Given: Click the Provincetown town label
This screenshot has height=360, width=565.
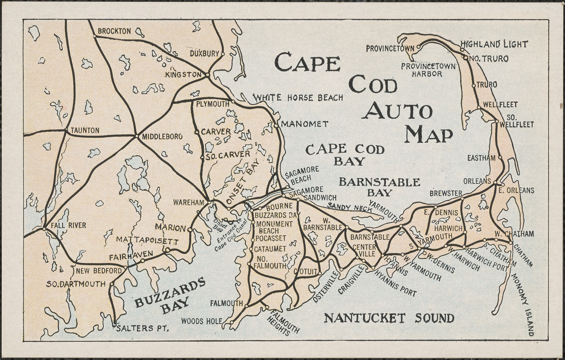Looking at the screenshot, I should [390, 49].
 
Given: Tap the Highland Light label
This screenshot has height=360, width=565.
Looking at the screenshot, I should [493, 44].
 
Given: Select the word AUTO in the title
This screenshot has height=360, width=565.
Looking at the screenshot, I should [397, 111].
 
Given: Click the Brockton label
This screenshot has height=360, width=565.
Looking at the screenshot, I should [114, 31].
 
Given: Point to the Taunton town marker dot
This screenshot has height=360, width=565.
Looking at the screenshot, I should [66, 131].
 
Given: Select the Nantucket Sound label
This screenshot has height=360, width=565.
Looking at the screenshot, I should [389, 318].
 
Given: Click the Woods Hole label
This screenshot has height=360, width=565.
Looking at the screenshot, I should [202, 321].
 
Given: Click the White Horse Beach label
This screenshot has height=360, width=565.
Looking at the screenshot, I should [298, 98].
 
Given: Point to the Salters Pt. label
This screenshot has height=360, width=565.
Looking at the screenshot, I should [142, 328].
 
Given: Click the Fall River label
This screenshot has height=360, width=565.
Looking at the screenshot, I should [68, 225].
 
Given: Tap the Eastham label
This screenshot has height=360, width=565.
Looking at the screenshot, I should [481, 158].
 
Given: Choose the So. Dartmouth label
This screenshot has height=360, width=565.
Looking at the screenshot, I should [76, 284].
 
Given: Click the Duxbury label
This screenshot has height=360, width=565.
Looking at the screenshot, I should [204, 53].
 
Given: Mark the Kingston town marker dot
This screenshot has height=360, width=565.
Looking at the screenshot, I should [208, 75].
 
